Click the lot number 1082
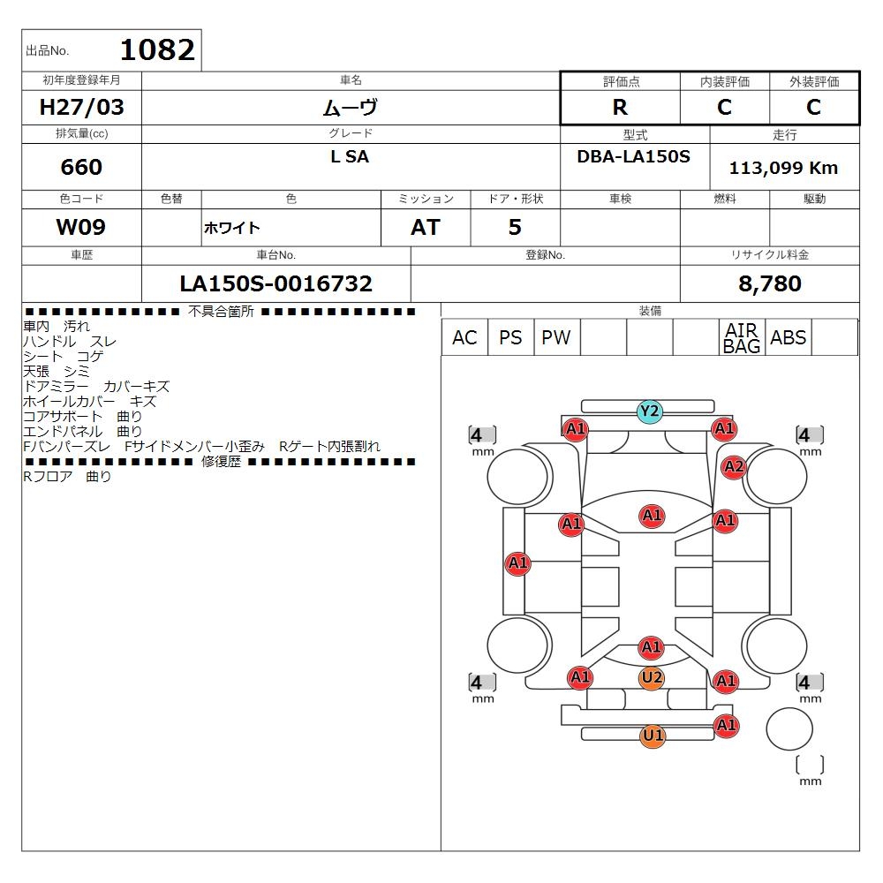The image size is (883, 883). [157, 49]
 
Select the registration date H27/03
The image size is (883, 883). [81, 107]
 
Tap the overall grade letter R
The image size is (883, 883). [620, 107]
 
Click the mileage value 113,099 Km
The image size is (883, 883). [783, 167]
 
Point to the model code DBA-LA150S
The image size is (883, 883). [633, 156]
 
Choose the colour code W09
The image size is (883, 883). [81, 227]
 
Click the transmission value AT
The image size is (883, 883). [426, 227]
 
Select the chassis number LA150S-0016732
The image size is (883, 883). [275, 283]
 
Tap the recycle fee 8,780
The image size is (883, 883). [770, 283]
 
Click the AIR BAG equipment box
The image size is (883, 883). [742, 337]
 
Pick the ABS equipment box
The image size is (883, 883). [788, 337]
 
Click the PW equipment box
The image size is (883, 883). [556, 337]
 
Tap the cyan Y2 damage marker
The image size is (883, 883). [649, 411]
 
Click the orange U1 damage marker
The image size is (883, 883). [653, 736]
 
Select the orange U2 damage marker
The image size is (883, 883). [652, 677]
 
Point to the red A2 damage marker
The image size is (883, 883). [734, 467]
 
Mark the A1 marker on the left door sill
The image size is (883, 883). [518, 562]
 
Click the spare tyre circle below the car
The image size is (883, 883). [789, 728]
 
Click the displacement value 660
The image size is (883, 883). [81, 167]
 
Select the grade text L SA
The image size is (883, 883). [350, 156]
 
